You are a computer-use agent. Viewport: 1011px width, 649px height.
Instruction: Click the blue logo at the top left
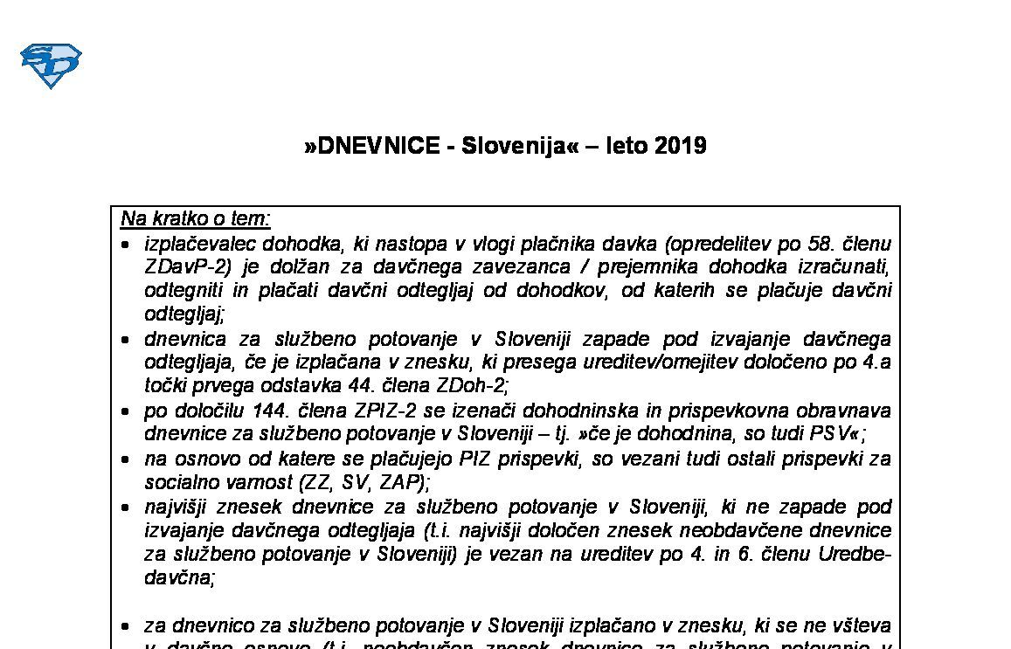(51, 66)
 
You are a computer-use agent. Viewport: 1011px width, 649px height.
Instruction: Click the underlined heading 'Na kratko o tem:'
(196, 218)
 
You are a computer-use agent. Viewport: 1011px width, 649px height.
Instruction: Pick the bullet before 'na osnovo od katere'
(126, 459)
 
